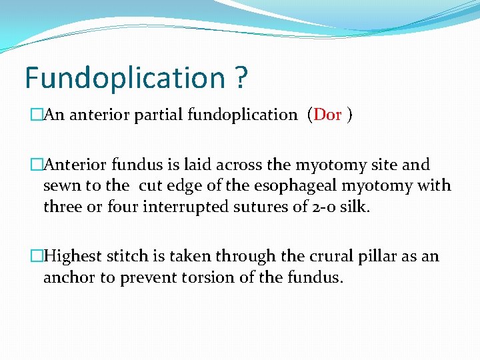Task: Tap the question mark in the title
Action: [x=241, y=78]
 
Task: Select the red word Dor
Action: [x=327, y=115]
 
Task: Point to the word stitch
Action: [x=123, y=256]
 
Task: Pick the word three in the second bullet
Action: [x=62, y=207]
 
